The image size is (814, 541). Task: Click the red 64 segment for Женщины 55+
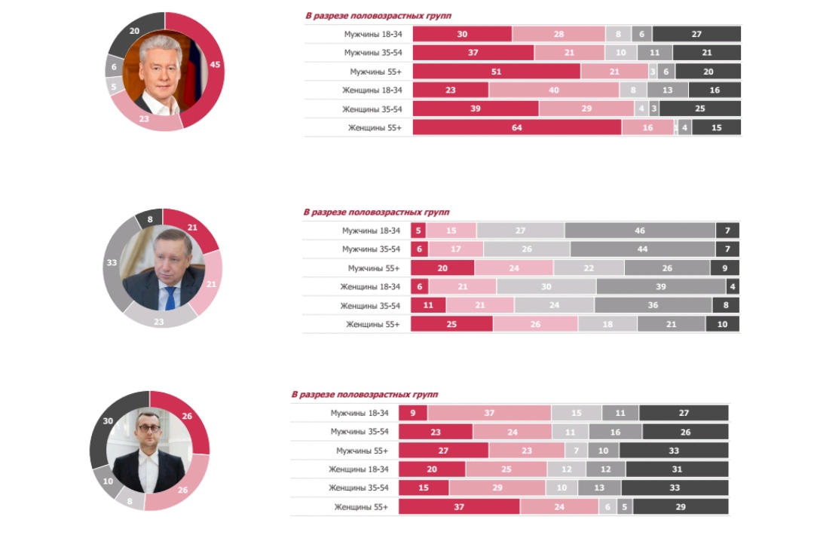click(517, 128)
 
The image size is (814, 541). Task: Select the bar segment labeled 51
click(497, 72)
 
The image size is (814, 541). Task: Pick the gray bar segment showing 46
click(640, 231)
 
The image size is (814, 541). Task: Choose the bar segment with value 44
click(642, 249)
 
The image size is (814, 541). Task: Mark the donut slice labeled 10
click(108, 481)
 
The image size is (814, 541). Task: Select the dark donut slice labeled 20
click(135, 32)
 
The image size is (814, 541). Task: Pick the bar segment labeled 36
click(653, 305)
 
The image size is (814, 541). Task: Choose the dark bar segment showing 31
click(677, 469)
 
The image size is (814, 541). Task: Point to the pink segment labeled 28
click(558, 34)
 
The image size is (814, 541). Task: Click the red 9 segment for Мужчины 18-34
click(412, 413)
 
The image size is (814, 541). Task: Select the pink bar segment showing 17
click(455, 249)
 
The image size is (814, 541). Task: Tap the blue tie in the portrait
click(170, 297)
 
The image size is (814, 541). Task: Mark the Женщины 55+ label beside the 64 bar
click(375, 128)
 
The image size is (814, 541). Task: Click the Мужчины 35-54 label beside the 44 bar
click(372, 249)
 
